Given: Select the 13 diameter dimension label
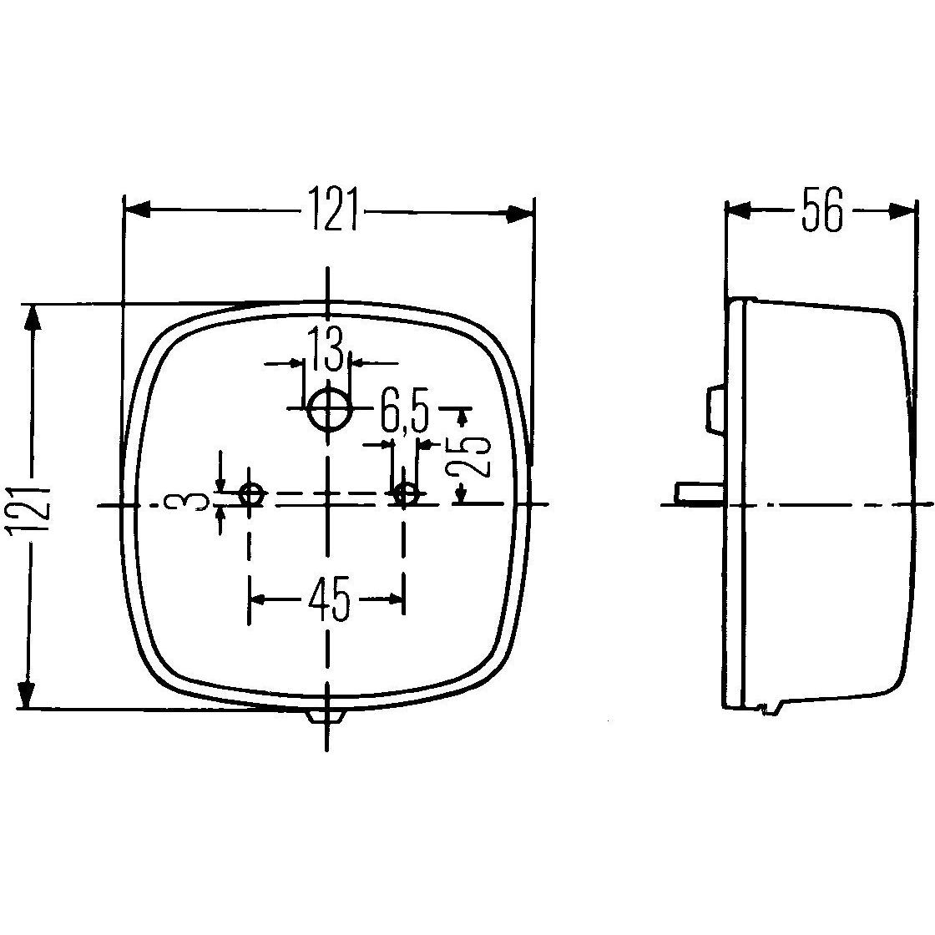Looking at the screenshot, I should [326, 351].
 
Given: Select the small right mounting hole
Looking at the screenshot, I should [406, 494].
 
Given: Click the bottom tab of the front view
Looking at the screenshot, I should [327, 716].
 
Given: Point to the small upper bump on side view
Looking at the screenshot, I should [715, 409].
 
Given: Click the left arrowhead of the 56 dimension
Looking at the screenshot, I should [739, 210].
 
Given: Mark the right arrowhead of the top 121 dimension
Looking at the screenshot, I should [519, 215].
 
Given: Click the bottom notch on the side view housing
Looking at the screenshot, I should [766, 709].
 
